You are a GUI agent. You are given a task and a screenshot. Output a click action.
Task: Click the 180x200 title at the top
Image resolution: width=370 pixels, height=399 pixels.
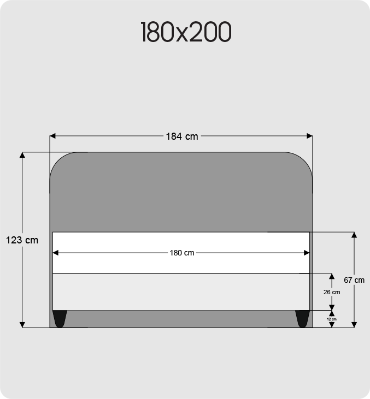click(186, 32)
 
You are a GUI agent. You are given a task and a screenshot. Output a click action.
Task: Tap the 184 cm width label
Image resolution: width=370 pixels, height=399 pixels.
click(182, 136)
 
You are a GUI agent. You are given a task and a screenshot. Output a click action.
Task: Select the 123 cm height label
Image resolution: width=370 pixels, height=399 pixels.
click(22, 240)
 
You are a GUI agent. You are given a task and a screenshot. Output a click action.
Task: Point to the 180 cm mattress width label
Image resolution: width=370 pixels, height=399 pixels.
click(182, 253)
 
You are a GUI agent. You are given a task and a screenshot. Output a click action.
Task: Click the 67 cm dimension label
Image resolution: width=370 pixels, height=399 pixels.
click(354, 280)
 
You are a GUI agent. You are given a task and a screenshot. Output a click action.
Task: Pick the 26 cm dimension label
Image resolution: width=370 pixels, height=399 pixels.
click(332, 292)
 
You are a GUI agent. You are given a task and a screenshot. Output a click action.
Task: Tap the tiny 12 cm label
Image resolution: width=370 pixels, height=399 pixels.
click(332, 319)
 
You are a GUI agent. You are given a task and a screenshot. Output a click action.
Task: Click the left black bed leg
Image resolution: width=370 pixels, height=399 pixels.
click(60, 319)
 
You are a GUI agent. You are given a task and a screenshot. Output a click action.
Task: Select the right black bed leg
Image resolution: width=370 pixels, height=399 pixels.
click(302, 319)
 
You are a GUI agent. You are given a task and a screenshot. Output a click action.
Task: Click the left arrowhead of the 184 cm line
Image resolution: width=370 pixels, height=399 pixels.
click(52, 136)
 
